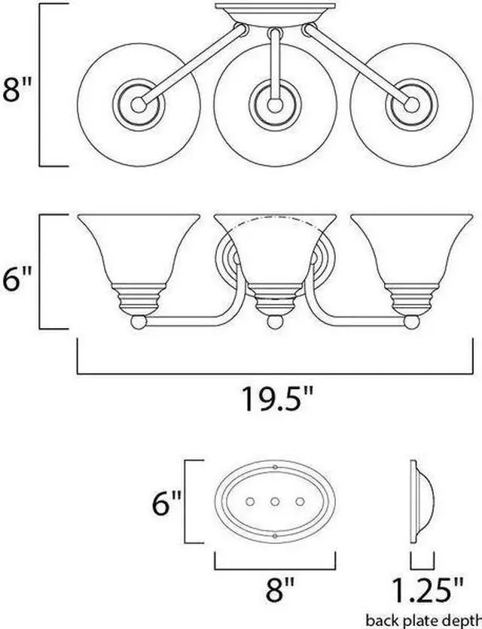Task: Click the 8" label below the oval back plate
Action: click(280, 589)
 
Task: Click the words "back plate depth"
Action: click(423, 620)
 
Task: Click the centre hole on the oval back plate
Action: click(275, 501)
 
